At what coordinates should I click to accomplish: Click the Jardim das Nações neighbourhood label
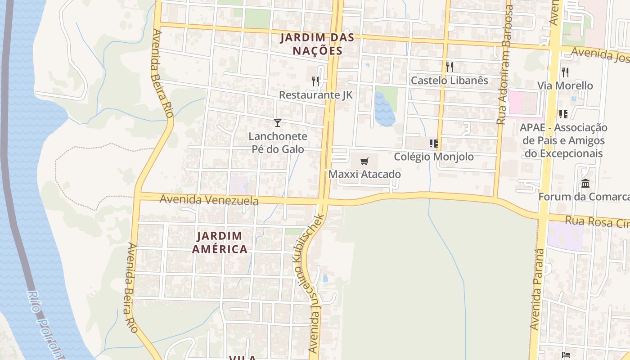point(317,44)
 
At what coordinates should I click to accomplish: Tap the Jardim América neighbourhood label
point(220,242)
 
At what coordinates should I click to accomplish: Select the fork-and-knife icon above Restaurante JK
point(315,81)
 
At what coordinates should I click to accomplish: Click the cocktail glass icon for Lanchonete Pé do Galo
point(278,122)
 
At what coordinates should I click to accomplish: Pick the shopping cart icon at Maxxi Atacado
point(364,161)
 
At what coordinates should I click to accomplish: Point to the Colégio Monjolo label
point(434,157)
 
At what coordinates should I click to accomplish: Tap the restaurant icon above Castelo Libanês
point(449,67)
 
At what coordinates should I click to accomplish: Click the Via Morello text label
point(565,85)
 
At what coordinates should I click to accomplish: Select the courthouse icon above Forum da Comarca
point(585,183)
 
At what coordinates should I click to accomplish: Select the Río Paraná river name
point(45,324)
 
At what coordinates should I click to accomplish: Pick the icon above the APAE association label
point(562,114)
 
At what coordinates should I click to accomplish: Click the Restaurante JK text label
point(315,95)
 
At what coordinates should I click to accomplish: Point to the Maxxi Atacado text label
point(364,174)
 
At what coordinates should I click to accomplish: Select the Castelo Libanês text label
point(449,81)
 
